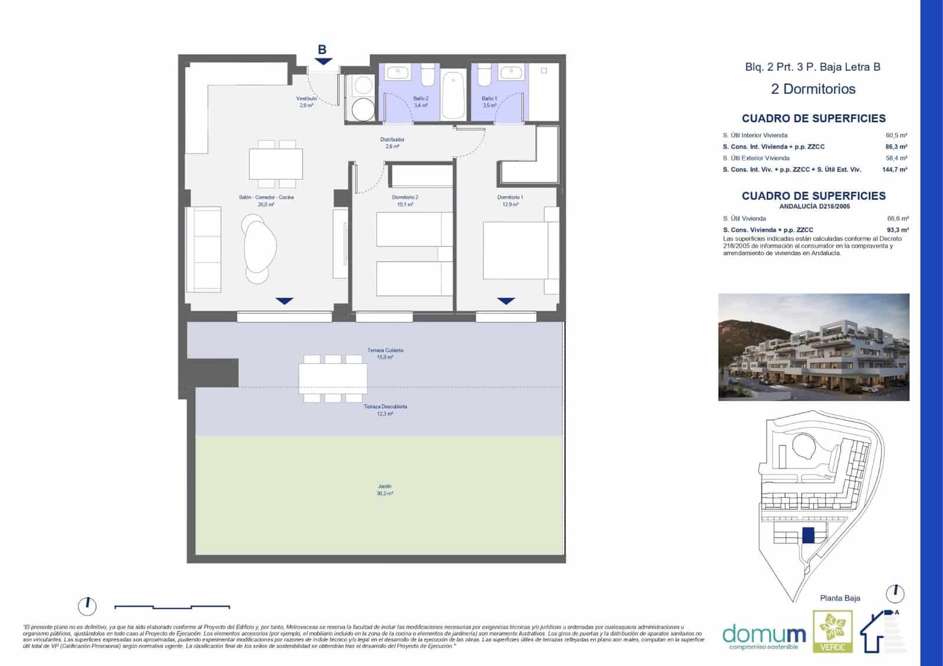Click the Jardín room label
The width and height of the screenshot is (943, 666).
click(384, 490)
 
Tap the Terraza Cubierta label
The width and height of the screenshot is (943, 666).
click(385, 354)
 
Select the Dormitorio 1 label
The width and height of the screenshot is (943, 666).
click(510, 201)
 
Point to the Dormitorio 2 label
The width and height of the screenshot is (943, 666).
click(405, 201)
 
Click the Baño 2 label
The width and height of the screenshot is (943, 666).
click(421, 102)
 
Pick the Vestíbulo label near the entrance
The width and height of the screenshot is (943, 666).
click(306, 102)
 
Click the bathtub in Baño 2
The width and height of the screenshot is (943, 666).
click(453, 95)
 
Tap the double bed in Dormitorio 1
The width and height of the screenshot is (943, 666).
click(516, 250)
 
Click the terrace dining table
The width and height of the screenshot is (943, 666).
click(332, 378)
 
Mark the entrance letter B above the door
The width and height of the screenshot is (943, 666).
click(322, 50)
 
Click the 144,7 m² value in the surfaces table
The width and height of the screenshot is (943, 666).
click(894, 170)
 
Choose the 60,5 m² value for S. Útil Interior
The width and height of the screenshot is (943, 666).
click(896, 136)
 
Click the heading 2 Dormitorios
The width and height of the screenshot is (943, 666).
click(813, 89)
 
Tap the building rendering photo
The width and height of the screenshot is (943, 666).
click(813, 347)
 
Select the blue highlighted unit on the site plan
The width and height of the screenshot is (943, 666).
click(808, 536)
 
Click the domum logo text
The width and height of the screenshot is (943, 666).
click(764, 634)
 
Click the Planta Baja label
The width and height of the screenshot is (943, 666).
click(840, 598)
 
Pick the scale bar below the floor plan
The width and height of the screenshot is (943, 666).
click(172, 606)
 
